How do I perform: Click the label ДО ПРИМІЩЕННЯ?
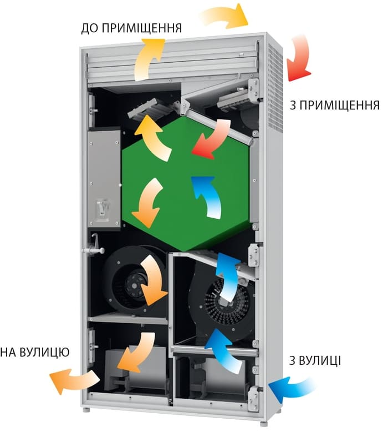[x=131, y=28]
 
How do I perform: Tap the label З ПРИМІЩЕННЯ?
[x=334, y=106]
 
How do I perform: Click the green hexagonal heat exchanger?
[x=183, y=183]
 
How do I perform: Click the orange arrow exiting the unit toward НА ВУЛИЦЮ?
[x=72, y=380]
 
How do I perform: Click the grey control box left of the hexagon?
[x=104, y=178]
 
